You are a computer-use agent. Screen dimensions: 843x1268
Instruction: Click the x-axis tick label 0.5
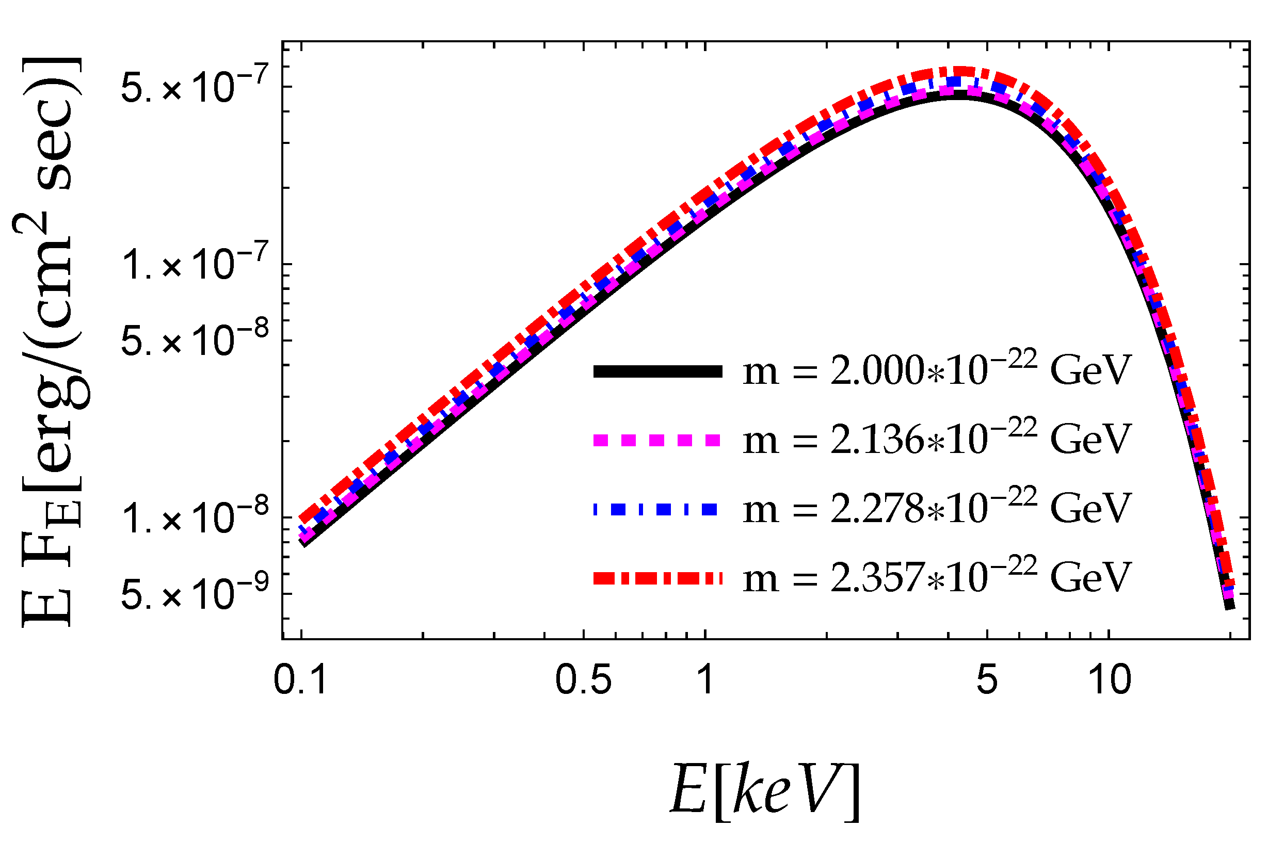coord(584,680)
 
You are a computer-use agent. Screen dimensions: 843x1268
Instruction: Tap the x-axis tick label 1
coord(704,680)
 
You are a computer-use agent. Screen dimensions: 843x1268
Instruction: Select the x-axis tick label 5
coord(987,680)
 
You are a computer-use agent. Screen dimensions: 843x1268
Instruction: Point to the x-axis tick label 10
coord(1110,680)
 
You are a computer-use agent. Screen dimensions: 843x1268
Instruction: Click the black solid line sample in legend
coord(657,371)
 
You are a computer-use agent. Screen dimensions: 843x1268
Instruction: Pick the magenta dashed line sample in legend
coord(657,440)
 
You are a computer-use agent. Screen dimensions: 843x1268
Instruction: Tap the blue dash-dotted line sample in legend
coord(657,509)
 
